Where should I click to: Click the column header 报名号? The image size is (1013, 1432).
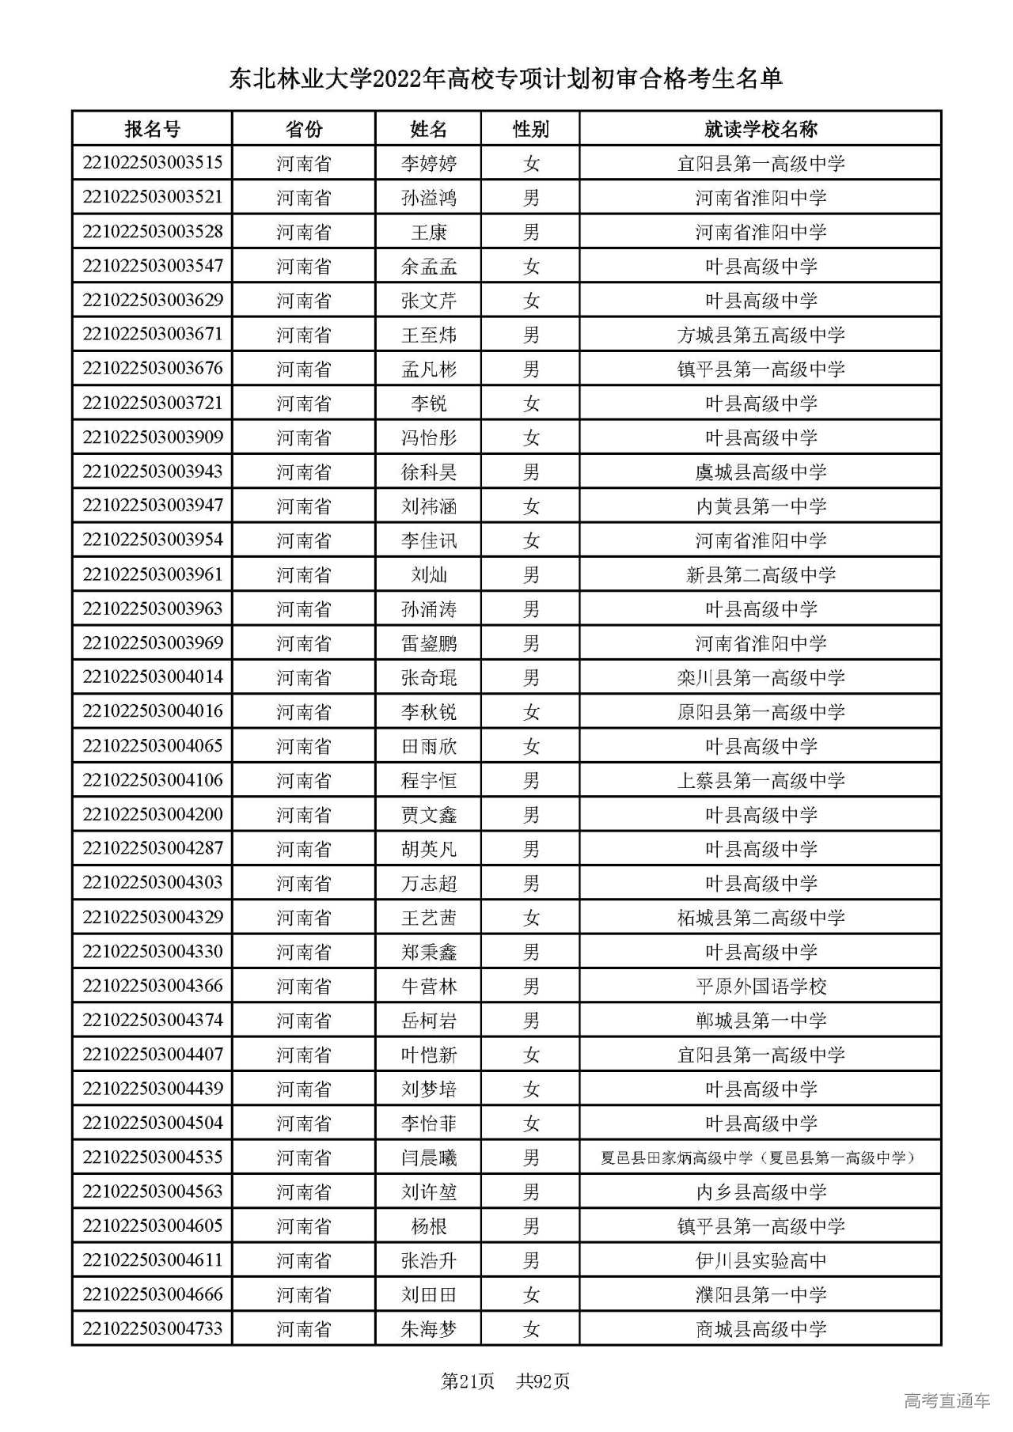152,129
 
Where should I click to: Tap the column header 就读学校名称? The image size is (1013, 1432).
761,129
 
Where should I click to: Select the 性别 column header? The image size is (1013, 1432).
530,129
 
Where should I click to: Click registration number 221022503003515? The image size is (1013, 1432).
152,163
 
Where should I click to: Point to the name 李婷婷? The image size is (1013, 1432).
429,164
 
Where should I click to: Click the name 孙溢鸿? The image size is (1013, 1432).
429,198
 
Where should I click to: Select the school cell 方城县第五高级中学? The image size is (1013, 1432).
761,335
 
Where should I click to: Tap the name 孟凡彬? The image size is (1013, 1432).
429,369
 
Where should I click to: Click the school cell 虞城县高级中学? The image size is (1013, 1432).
761,472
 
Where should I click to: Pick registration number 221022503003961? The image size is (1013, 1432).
152,574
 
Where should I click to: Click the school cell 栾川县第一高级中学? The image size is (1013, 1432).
761,678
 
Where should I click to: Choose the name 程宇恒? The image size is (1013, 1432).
429,781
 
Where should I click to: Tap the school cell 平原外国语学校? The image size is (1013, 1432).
761,987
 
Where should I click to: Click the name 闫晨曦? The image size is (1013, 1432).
429,1158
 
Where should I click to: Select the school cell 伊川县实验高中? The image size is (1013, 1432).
761,1261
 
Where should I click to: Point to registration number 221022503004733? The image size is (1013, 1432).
152,1328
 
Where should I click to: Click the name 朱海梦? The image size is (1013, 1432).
429,1330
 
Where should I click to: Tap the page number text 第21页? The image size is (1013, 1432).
467,1381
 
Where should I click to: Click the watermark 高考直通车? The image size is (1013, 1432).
947,1401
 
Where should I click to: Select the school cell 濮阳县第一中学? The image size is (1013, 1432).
761,1295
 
